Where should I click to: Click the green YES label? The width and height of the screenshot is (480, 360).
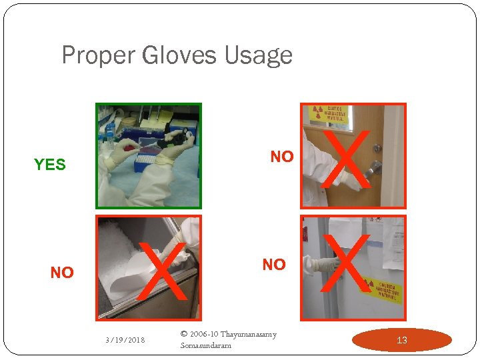(50, 164)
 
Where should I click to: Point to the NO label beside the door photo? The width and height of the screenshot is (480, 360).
(282, 157)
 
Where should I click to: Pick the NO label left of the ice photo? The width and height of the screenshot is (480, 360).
(62, 273)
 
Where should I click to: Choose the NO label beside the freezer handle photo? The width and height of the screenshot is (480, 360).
(274, 265)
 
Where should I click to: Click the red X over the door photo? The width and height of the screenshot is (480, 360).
(347, 160)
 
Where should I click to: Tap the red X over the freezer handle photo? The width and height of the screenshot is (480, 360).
(346, 264)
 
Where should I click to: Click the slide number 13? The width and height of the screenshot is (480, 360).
(401, 340)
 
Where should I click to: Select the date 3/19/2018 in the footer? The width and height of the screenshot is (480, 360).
(125, 340)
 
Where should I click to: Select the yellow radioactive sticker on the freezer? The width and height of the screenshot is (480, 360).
(381, 291)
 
